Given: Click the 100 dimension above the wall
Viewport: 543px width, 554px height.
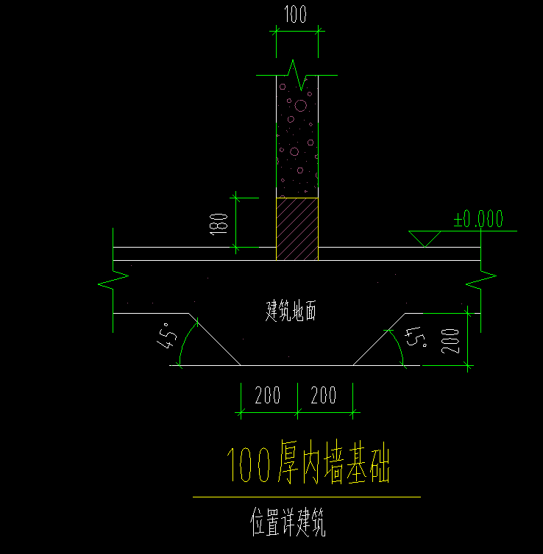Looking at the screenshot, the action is coord(295,15).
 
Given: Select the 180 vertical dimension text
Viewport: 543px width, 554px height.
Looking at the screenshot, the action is coord(219,224).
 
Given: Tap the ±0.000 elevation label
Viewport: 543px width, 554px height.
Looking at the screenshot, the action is coord(478,219).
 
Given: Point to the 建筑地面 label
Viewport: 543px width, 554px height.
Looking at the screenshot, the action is coord(291,311).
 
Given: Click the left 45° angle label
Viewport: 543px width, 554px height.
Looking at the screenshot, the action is coord(167,335).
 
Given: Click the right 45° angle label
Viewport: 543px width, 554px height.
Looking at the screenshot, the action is coord(416,337).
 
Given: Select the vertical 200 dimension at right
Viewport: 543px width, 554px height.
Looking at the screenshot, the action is coord(450,341).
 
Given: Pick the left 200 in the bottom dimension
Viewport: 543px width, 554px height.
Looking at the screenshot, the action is coord(267,395).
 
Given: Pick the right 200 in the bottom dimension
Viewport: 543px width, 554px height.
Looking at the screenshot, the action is coord(323,395).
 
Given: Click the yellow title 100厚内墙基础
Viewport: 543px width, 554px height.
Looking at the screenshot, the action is coord(308,462).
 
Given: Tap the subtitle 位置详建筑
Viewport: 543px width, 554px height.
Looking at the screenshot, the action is coord(288,522).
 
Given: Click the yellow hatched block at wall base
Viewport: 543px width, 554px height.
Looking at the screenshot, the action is coord(297,229).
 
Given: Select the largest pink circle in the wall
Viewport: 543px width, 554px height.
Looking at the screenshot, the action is coord(301,106).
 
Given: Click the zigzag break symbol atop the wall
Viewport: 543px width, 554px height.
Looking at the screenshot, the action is coord(297,75).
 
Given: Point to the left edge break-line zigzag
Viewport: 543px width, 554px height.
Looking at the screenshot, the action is coord(113,280).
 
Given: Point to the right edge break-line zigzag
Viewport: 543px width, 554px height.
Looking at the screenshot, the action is coord(480,280).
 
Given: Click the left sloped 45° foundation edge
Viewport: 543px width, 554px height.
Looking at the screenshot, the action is coord(215,339).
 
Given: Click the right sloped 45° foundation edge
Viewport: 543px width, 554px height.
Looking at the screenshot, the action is coord(379,339).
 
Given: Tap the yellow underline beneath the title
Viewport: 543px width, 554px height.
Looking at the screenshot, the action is coord(307,497).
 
